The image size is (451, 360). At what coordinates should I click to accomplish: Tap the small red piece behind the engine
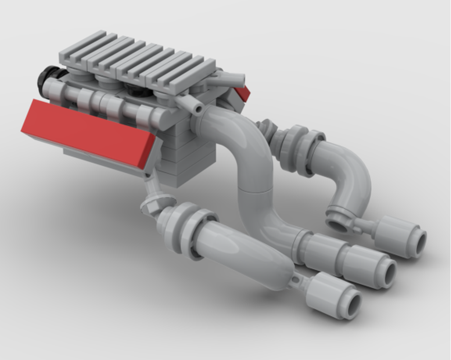pyautogui.click(x=243, y=92)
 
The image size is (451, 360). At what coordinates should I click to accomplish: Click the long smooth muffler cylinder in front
pyautogui.click(x=244, y=248)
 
